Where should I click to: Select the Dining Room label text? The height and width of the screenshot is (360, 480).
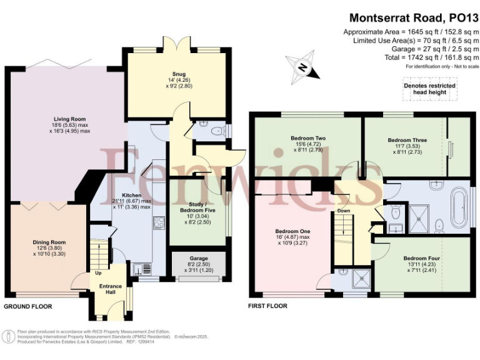click(x=49, y=242)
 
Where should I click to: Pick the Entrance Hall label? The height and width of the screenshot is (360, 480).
click(x=111, y=289)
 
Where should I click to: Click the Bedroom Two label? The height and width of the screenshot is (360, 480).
click(x=307, y=138)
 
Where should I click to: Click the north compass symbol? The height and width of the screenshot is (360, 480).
click(x=302, y=67)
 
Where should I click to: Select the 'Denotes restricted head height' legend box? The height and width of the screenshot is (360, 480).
click(x=429, y=89)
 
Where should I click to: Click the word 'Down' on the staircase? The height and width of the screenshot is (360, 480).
click(x=344, y=211)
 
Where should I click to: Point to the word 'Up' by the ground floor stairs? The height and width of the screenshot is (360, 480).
click(x=98, y=273)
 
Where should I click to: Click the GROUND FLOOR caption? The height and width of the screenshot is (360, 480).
click(x=28, y=307)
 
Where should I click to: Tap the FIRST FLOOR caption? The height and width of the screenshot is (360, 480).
click(x=268, y=306)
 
